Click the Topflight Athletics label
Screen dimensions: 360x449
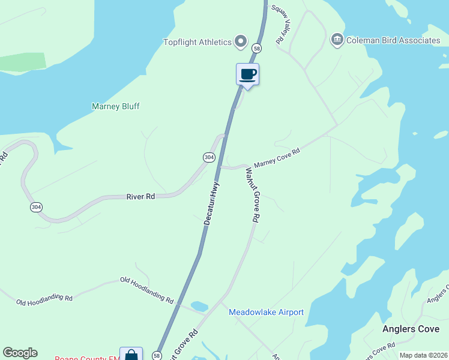(x=197, y=42)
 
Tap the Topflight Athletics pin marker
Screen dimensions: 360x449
(x=241, y=41)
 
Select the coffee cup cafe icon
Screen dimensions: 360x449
(x=248, y=74)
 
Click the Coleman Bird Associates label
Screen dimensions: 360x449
(x=393, y=40)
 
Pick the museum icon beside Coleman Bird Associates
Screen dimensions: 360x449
(x=337, y=40)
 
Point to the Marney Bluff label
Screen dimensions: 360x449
(x=115, y=106)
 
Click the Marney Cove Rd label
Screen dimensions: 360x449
(x=276, y=159)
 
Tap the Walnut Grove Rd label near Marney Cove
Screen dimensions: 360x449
(x=252, y=195)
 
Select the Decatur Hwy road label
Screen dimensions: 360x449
(x=212, y=204)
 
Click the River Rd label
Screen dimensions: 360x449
(x=141, y=196)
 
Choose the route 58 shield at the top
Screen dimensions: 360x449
(x=257, y=47)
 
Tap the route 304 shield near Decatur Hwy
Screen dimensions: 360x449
(x=208, y=157)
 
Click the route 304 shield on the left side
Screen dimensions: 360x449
(x=36, y=207)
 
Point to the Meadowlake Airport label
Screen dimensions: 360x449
(x=266, y=312)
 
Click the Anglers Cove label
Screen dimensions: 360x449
(x=411, y=329)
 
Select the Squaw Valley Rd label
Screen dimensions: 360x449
(x=280, y=24)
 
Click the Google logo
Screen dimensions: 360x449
(x=20, y=353)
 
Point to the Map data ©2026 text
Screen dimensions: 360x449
(x=423, y=355)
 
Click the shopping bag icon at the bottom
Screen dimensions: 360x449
(x=131, y=355)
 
